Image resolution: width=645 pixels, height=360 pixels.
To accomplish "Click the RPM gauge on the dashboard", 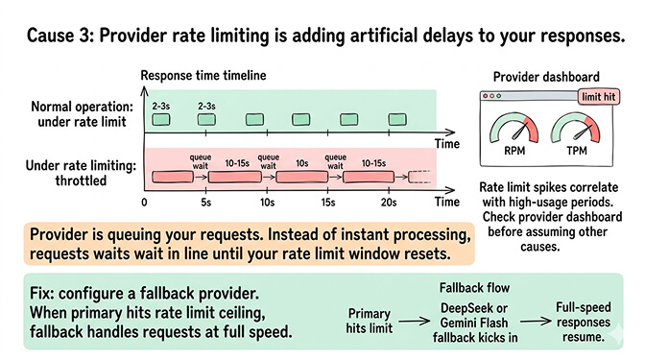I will coord(509,130).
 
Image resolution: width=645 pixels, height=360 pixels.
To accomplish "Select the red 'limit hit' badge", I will coord(597,96).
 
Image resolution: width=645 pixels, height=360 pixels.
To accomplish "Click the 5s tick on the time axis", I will coord(205,203).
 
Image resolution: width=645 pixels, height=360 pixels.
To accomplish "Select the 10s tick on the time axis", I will coord(270,203).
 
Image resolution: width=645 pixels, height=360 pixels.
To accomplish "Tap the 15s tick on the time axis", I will coord(327,203).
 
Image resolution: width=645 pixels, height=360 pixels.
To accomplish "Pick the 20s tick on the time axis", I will coord(388,203).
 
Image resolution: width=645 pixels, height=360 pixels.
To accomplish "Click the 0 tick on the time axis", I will coord(144,203).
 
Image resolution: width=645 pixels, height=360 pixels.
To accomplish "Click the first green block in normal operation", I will coord(161,119).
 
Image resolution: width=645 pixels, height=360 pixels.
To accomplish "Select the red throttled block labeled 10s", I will coord(299,178).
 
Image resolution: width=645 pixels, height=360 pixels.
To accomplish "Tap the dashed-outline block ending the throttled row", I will coord(421,178).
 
